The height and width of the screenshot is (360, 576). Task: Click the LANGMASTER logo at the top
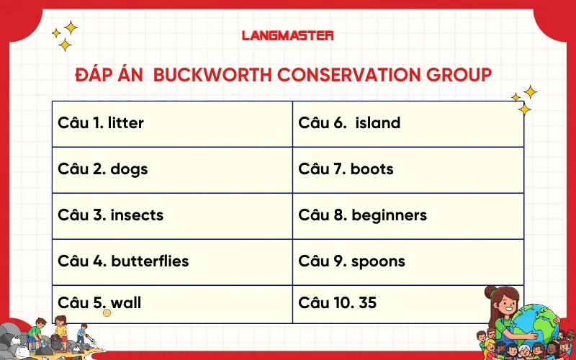(288, 35)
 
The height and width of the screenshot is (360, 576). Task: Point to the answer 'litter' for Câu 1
(126, 123)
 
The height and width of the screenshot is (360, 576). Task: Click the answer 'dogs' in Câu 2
(129, 169)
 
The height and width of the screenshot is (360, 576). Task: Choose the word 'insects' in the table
(137, 215)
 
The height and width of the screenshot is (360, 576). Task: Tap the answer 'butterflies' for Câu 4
(150, 261)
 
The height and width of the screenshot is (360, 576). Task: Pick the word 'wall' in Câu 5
(126, 303)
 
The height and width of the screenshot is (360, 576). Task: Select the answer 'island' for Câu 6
(377, 123)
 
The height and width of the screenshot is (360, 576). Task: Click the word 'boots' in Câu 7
(372, 169)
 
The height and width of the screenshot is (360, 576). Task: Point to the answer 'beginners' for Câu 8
(389, 215)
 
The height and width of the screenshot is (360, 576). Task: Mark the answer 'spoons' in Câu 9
(379, 261)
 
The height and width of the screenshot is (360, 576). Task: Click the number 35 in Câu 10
(367, 303)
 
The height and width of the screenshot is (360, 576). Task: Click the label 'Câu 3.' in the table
(81, 215)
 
